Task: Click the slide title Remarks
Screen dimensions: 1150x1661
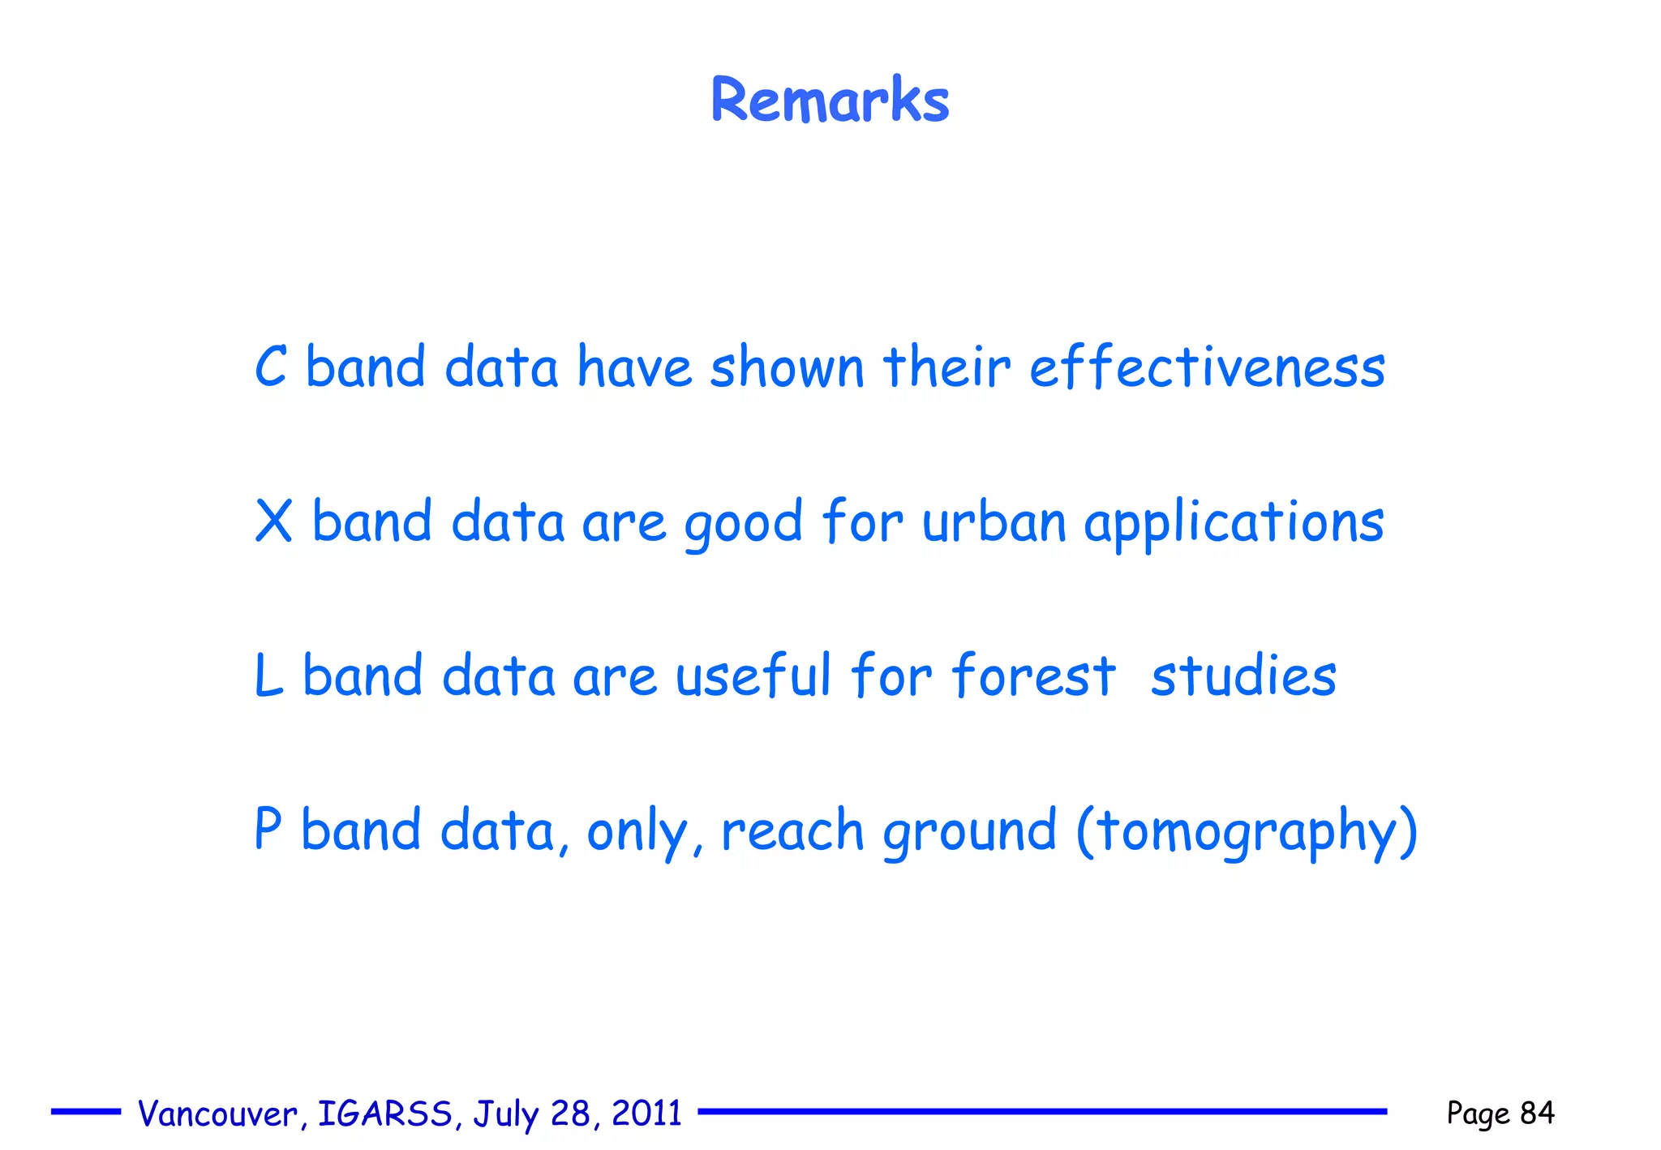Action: pyautogui.click(x=830, y=100)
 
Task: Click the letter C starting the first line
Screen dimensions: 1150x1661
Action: pyautogui.click(x=271, y=367)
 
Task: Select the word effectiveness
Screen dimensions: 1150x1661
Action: pyautogui.click(x=1207, y=367)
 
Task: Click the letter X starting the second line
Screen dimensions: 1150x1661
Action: pyautogui.click(x=273, y=521)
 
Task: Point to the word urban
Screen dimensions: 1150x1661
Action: pyautogui.click(x=994, y=521)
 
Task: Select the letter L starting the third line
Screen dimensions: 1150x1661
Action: pyautogui.click(x=268, y=676)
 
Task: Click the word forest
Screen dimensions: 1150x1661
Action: pyautogui.click(x=1034, y=676)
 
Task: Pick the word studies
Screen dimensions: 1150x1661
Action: pyautogui.click(x=1243, y=676)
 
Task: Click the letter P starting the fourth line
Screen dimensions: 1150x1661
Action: pyautogui.click(x=268, y=829)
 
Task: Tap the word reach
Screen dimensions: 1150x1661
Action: pyautogui.click(x=792, y=830)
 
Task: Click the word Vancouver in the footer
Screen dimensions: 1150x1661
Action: pyautogui.click(x=217, y=1114)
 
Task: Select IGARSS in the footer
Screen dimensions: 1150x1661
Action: pyautogui.click(x=384, y=1114)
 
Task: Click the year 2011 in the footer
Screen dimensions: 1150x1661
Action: pyautogui.click(x=646, y=1114)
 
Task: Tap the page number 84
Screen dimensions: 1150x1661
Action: pyautogui.click(x=1537, y=1113)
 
